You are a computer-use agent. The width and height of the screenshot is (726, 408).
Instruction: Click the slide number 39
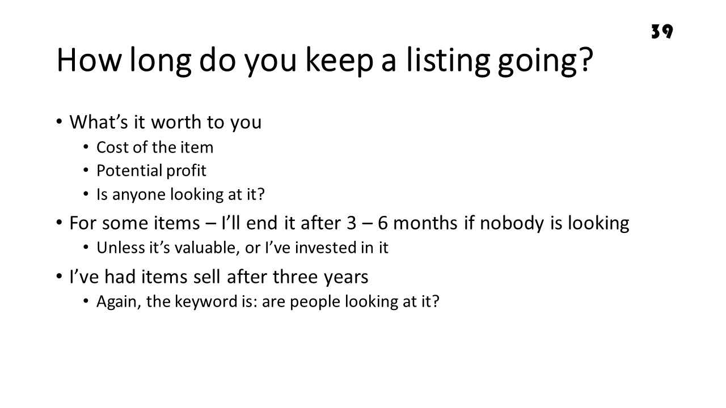coord(662,31)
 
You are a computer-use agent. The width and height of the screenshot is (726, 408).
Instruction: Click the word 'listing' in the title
coord(448,61)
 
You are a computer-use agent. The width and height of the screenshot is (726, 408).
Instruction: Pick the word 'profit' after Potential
coord(186,171)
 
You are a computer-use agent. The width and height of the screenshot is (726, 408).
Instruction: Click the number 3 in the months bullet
coord(351,223)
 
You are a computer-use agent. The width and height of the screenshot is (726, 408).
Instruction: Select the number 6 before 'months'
coord(382,223)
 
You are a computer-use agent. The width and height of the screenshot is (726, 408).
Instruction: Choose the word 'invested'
coord(326,248)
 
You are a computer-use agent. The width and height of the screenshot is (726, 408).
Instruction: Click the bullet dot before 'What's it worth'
coord(59,122)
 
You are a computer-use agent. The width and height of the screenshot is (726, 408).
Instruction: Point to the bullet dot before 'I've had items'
coord(59,277)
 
